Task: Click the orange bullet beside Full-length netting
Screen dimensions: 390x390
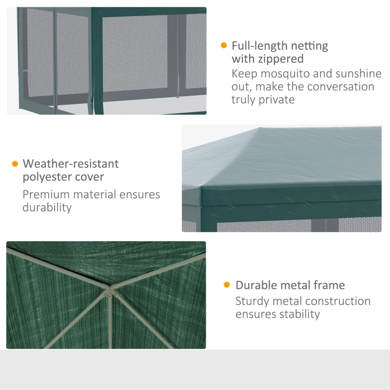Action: pyautogui.click(x=224, y=46)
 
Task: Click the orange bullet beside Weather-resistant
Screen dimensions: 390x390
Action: pyautogui.click(x=15, y=164)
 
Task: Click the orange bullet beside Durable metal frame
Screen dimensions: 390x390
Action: pyautogui.click(x=227, y=285)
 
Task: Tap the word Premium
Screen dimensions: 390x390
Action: pyautogui.click(x=46, y=195)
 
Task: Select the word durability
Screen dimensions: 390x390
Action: pyautogui.click(x=47, y=207)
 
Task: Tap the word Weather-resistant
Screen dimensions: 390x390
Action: pyautogui.click(x=71, y=164)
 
